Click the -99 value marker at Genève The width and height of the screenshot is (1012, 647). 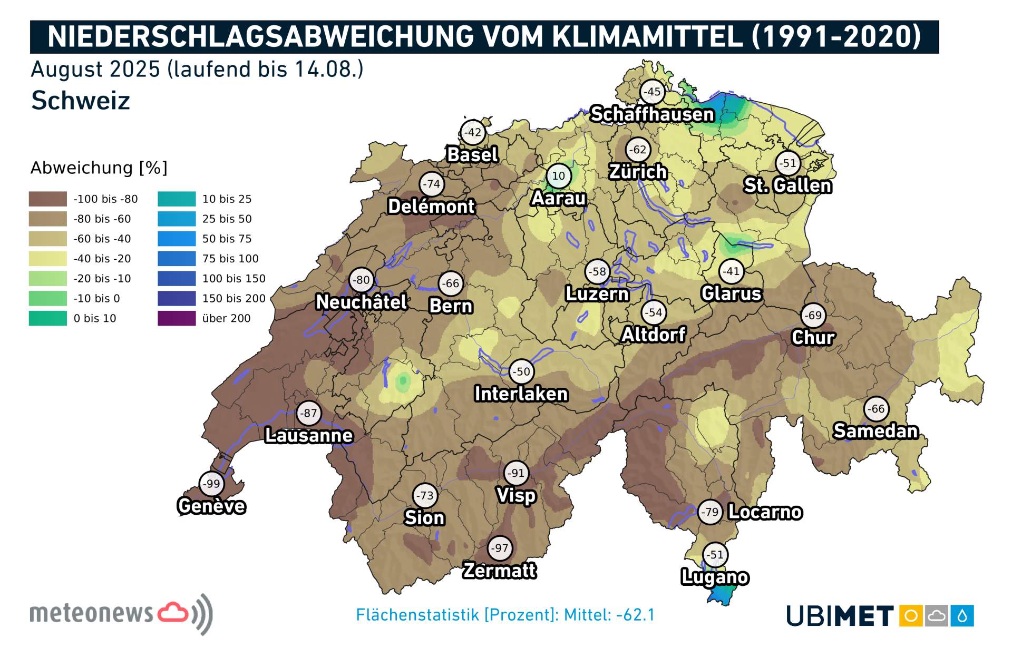click(212, 484)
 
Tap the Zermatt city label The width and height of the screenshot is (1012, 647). click(499, 571)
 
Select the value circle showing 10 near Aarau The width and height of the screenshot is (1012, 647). click(558, 176)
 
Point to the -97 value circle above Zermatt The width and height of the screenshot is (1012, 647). click(499, 548)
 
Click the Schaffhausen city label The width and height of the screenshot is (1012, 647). click(652, 114)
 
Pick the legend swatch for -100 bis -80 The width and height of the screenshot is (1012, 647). click(48, 199)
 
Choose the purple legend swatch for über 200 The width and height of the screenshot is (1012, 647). click(177, 318)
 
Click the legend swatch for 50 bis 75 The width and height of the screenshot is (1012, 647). click(177, 239)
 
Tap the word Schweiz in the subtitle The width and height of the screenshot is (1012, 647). click(81, 101)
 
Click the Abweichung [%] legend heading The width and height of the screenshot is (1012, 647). click(99, 168)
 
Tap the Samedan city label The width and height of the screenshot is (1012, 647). click(875, 431)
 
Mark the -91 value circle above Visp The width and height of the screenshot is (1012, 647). click(515, 473)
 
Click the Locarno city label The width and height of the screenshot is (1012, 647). click(765, 512)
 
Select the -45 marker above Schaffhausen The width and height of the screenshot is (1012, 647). click(653, 92)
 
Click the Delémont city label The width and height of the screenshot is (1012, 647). click(431, 207)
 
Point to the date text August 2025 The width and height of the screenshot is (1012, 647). click(95, 70)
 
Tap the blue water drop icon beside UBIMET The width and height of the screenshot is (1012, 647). click(962, 616)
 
